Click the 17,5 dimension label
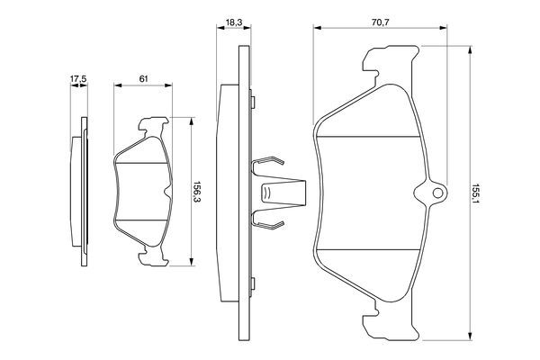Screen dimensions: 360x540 pos(78,80)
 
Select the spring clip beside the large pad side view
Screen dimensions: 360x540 pos(274,193)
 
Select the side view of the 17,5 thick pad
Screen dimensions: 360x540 pos(80,193)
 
